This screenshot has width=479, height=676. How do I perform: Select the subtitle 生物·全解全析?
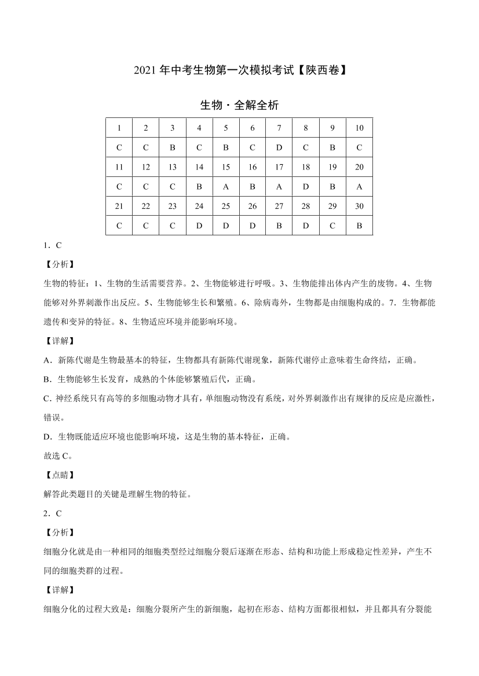239,105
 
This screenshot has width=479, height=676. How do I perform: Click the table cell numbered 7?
279,128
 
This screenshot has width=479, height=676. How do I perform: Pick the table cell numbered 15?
226,167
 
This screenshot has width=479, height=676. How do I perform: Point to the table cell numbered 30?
359,206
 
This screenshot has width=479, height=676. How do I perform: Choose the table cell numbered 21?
119,206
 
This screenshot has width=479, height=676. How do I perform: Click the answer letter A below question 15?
226,187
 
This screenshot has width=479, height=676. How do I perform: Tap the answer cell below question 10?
359,147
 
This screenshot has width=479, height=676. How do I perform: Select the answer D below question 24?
199,226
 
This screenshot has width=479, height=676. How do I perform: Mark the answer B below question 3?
173,147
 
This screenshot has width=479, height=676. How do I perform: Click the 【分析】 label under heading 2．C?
59,532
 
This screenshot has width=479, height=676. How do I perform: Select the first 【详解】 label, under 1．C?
59,341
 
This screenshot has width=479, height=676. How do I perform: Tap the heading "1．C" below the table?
53,246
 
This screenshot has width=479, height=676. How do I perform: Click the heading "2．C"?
53,513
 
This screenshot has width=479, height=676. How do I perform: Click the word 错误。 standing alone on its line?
55,418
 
